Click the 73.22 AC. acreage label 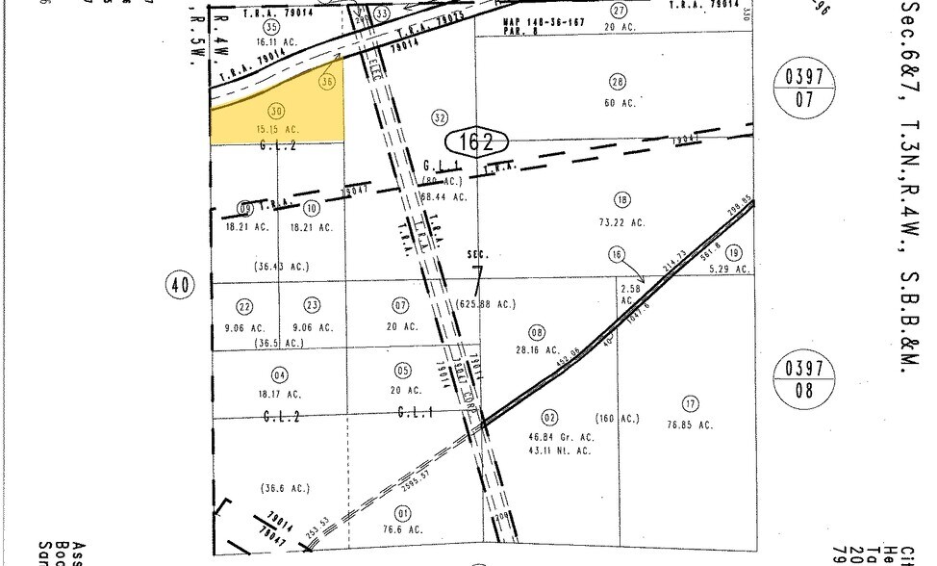pyautogui.click(x=625, y=222)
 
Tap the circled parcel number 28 pyautogui.click(x=618, y=82)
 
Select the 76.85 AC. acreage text pyautogui.click(x=690, y=424)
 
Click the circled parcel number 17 pyautogui.click(x=689, y=403)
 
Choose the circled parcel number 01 pyautogui.click(x=402, y=512)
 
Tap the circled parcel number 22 pyautogui.click(x=244, y=306)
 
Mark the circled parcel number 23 pyautogui.click(x=312, y=306)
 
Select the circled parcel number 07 pyautogui.click(x=401, y=306)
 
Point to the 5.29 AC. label pyautogui.click(x=730, y=270)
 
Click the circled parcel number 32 pyautogui.click(x=441, y=118)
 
